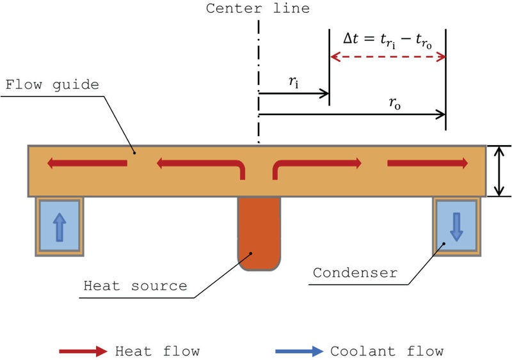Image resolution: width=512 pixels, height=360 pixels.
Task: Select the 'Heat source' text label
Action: pyautogui.click(x=135, y=285)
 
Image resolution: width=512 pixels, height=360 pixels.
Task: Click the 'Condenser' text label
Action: pyautogui.click(x=355, y=273)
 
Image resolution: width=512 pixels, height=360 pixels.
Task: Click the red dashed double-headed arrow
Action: pyautogui.click(x=387, y=58)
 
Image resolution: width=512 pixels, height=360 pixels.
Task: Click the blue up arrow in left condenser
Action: pyautogui.click(x=59, y=227)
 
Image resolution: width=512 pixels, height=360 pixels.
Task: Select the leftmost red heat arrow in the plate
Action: pyautogui.click(x=87, y=164)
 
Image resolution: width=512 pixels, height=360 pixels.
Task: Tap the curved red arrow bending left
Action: pyautogui.click(x=202, y=167)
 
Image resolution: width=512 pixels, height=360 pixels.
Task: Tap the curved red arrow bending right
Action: pyautogui.click(x=317, y=167)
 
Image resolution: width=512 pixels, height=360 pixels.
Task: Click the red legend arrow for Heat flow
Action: pyautogui.click(x=82, y=351)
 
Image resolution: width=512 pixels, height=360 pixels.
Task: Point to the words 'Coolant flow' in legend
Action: pyautogui.click(x=387, y=350)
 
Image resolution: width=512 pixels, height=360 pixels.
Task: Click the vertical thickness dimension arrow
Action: pyautogui.click(x=499, y=171)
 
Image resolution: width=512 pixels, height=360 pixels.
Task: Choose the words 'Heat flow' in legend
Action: pyautogui.click(x=157, y=350)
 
